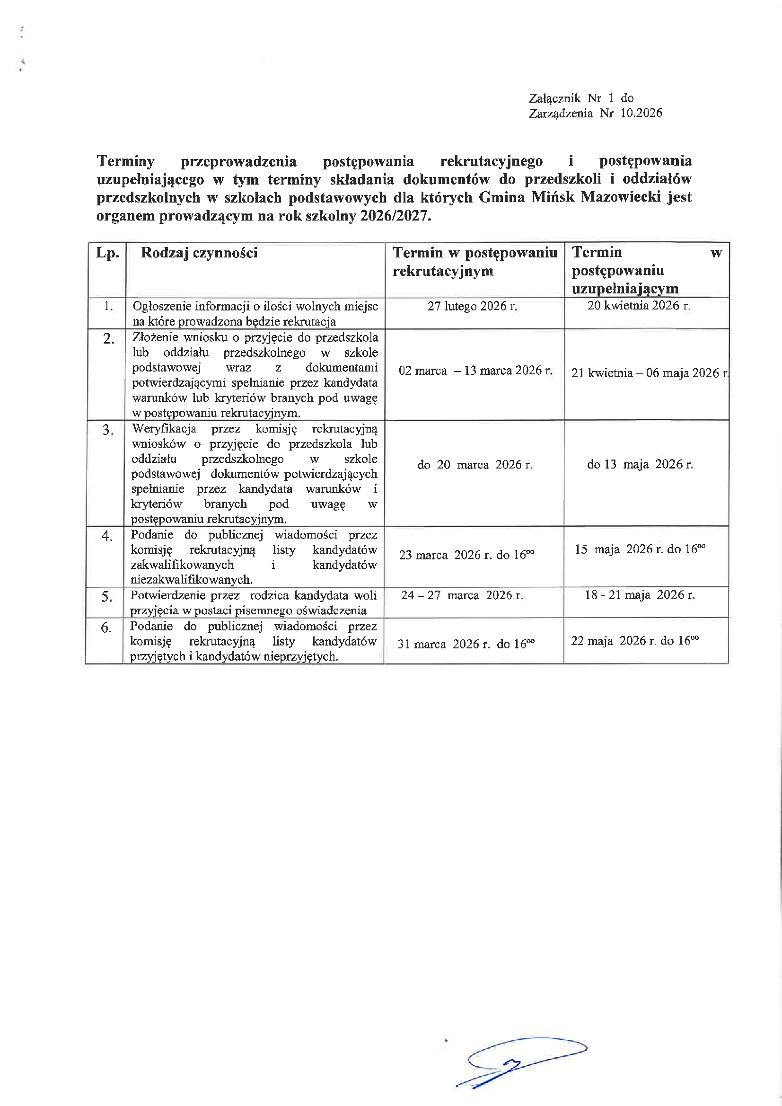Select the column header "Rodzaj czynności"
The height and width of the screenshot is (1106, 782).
(x=199, y=253)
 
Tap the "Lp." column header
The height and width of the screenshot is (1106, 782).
(x=107, y=253)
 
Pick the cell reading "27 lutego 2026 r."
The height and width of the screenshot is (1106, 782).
(x=473, y=306)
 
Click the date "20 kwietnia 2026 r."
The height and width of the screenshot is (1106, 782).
(x=639, y=305)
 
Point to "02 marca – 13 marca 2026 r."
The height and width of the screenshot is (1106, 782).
(x=475, y=371)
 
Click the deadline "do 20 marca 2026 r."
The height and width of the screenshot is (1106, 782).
(x=474, y=465)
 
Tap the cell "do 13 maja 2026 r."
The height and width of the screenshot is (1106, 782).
(x=640, y=464)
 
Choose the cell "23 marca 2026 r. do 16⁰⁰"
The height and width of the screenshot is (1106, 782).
(x=466, y=555)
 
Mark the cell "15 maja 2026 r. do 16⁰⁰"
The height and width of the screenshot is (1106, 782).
(x=640, y=549)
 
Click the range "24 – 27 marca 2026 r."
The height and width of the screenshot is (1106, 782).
(x=462, y=595)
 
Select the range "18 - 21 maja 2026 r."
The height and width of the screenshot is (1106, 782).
(x=640, y=595)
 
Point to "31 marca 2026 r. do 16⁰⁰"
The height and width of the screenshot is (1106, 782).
(x=466, y=644)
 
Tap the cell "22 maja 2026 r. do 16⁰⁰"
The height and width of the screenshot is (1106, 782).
(x=635, y=641)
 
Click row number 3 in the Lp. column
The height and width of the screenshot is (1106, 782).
(x=108, y=430)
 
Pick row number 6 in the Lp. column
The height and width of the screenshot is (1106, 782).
(x=106, y=628)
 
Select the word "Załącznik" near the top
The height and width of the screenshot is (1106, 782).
(x=555, y=98)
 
